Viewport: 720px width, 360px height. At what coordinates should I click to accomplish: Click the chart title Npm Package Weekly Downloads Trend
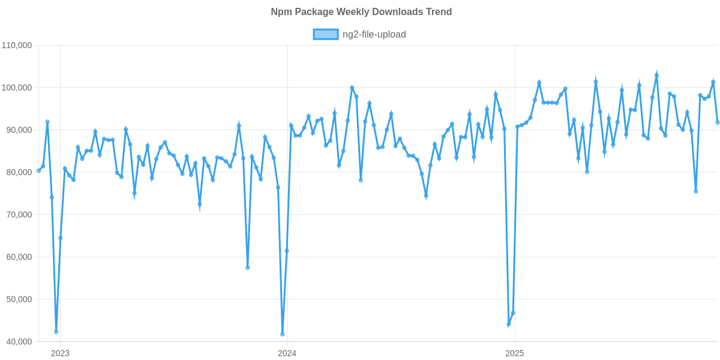(x=360, y=12)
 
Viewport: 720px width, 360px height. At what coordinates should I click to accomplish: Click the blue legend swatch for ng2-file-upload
(x=325, y=35)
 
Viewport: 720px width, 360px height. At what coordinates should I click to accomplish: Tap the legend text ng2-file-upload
(x=374, y=35)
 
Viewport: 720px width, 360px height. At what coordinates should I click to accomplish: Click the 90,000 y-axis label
(x=18, y=130)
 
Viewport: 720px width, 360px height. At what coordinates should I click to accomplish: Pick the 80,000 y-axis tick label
(x=18, y=173)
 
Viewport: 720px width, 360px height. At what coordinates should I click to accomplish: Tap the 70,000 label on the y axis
(x=18, y=215)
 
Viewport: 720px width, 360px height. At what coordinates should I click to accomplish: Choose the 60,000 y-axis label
(x=18, y=257)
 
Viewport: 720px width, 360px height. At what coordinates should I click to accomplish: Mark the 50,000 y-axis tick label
(x=18, y=299)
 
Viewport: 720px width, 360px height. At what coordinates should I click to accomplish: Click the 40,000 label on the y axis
(x=18, y=342)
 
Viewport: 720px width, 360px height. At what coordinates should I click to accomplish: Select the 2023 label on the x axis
(x=60, y=353)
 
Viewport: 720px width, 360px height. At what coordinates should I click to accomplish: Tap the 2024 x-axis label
(x=287, y=353)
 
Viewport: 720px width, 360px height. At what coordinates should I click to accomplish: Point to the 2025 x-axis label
(x=514, y=353)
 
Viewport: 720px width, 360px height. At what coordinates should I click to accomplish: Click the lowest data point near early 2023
(x=56, y=332)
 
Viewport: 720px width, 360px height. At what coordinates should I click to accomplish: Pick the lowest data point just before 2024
(x=283, y=334)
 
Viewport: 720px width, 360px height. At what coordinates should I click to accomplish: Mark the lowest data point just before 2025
(x=509, y=325)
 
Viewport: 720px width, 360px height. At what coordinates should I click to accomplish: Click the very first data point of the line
(x=39, y=170)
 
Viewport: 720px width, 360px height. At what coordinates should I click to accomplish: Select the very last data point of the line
(x=718, y=123)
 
